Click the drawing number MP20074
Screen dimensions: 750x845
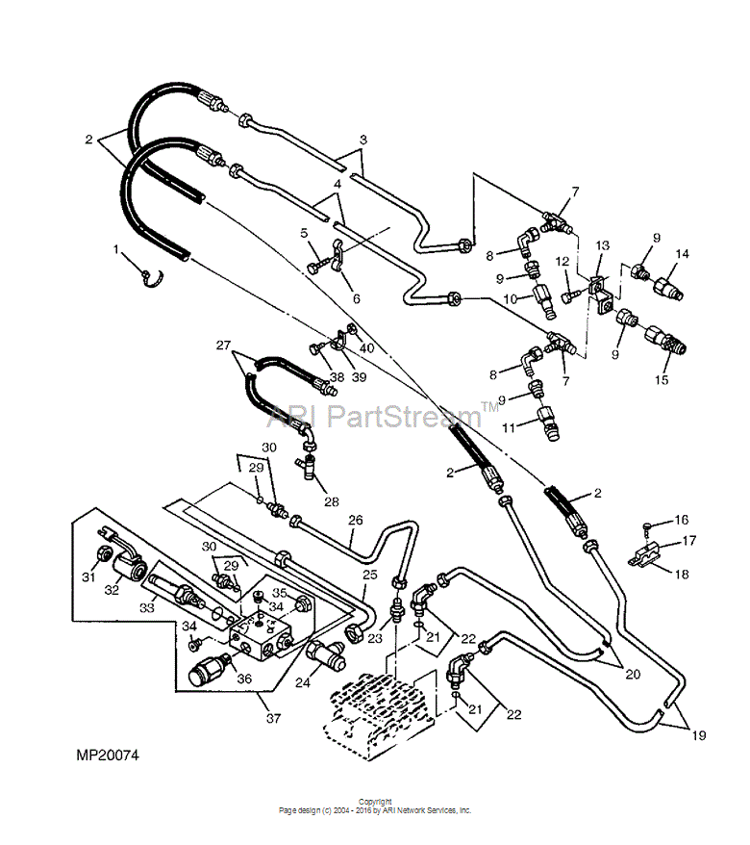coord(108,755)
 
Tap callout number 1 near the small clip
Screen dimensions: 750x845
coord(115,249)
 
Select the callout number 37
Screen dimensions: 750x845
coord(273,718)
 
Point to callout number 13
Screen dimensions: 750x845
coord(603,245)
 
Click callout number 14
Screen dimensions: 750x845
coord(682,253)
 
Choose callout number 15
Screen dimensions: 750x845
coord(662,379)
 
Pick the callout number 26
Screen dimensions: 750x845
coord(356,520)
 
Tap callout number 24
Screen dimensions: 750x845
coord(303,682)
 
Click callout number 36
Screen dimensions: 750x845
coord(244,679)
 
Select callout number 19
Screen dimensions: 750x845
coord(698,735)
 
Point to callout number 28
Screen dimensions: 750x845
coord(331,501)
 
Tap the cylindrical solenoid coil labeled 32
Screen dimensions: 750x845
coord(131,569)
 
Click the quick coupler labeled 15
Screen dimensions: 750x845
coord(666,340)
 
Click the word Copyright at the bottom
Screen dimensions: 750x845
coord(375,802)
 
